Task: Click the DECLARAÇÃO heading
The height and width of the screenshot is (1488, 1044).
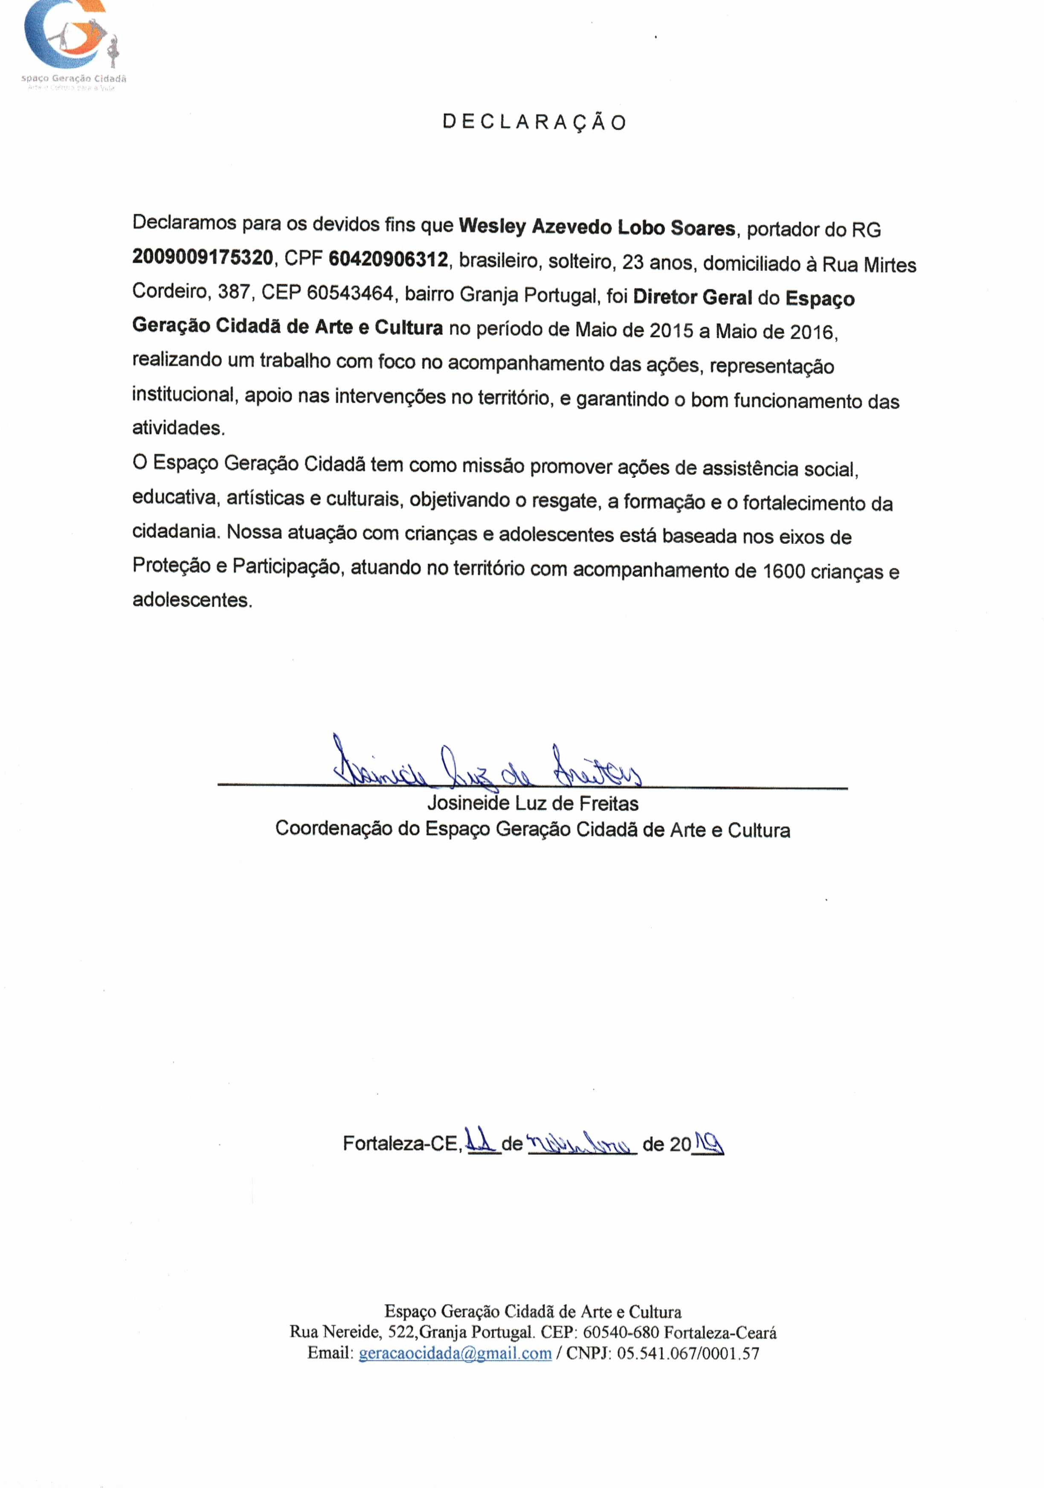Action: click(534, 122)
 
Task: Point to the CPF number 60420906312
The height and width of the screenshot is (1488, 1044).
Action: click(388, 259)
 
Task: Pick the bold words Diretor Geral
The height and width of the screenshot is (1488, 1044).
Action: click(692, 297)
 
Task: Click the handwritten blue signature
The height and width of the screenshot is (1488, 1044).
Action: click(486, 765)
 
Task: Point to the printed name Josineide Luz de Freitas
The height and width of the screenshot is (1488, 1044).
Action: click(533, 804)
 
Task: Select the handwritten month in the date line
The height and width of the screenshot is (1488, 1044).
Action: click(581, 1143)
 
